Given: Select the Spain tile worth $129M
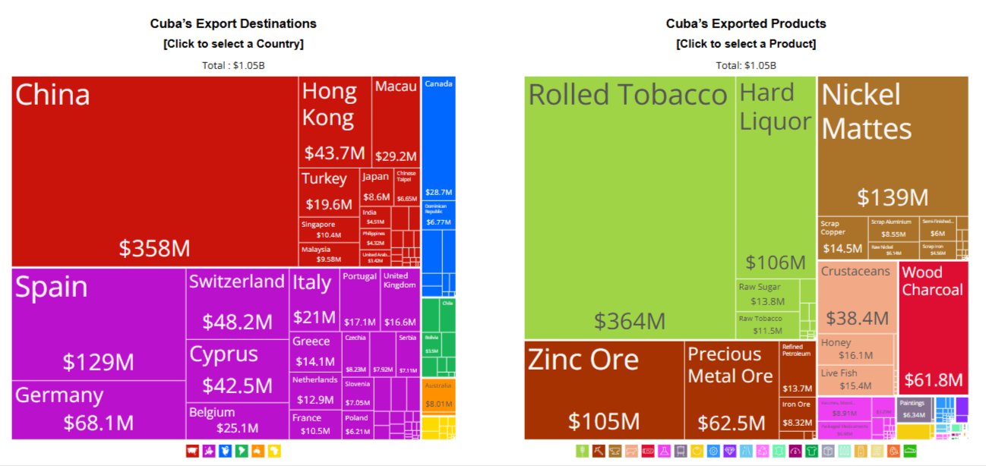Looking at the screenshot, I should coord(98,323).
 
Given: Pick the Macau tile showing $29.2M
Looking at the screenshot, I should coord(396,121).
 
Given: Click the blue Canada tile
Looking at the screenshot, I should coord(438,137).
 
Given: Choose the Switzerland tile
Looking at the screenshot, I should coord(237,302).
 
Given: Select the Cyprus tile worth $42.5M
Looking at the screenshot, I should coord(237,370).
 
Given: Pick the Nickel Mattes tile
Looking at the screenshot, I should coord(893,144).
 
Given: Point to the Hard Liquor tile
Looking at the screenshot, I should coord(775,175).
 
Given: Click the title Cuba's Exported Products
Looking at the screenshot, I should coord(746,24).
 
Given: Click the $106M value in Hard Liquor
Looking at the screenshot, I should coord(775,263).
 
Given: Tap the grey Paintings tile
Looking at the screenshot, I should coord(914,409).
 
